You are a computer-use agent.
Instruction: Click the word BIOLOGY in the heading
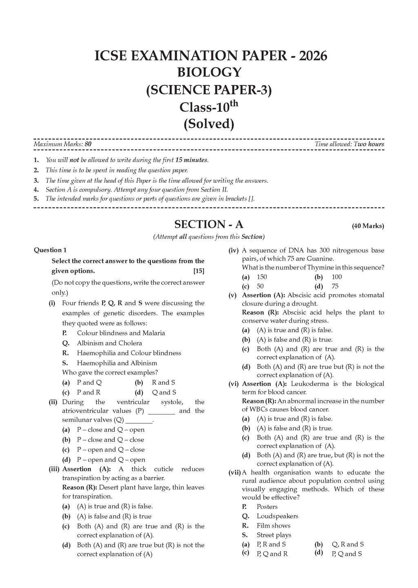209,72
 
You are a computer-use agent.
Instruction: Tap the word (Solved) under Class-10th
209,124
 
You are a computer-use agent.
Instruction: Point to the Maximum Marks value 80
88,144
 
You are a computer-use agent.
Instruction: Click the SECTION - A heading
209,224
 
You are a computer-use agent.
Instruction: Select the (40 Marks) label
368,226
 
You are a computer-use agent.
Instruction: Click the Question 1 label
50,250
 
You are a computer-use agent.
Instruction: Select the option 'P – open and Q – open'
111,459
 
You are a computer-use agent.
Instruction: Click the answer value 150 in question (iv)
262,277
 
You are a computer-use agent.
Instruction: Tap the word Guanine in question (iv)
321,258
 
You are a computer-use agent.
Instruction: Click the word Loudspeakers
277,516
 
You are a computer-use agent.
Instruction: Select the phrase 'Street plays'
274,535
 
